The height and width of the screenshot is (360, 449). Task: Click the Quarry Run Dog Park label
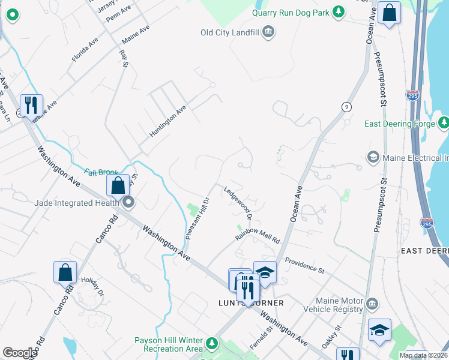(291, 11)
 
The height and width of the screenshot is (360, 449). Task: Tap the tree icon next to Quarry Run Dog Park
(339, 11)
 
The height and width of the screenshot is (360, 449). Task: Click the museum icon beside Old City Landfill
(268, 32)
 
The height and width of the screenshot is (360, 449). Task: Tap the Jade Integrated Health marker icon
(128, 203)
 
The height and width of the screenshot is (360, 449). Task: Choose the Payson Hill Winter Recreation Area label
(168, 344)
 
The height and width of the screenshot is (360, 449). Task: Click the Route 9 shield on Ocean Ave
(346, 106)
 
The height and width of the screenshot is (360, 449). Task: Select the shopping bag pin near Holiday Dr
(65, 272)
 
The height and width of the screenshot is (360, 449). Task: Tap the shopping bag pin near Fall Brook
(118, 185)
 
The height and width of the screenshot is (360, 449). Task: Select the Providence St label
(304, 265)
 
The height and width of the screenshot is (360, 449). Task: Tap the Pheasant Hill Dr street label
(196, 218)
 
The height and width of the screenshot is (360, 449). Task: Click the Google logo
(20, 353)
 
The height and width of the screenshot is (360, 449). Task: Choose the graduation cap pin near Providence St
(264, 272)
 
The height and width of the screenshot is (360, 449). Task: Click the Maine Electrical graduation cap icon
(372, 157)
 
